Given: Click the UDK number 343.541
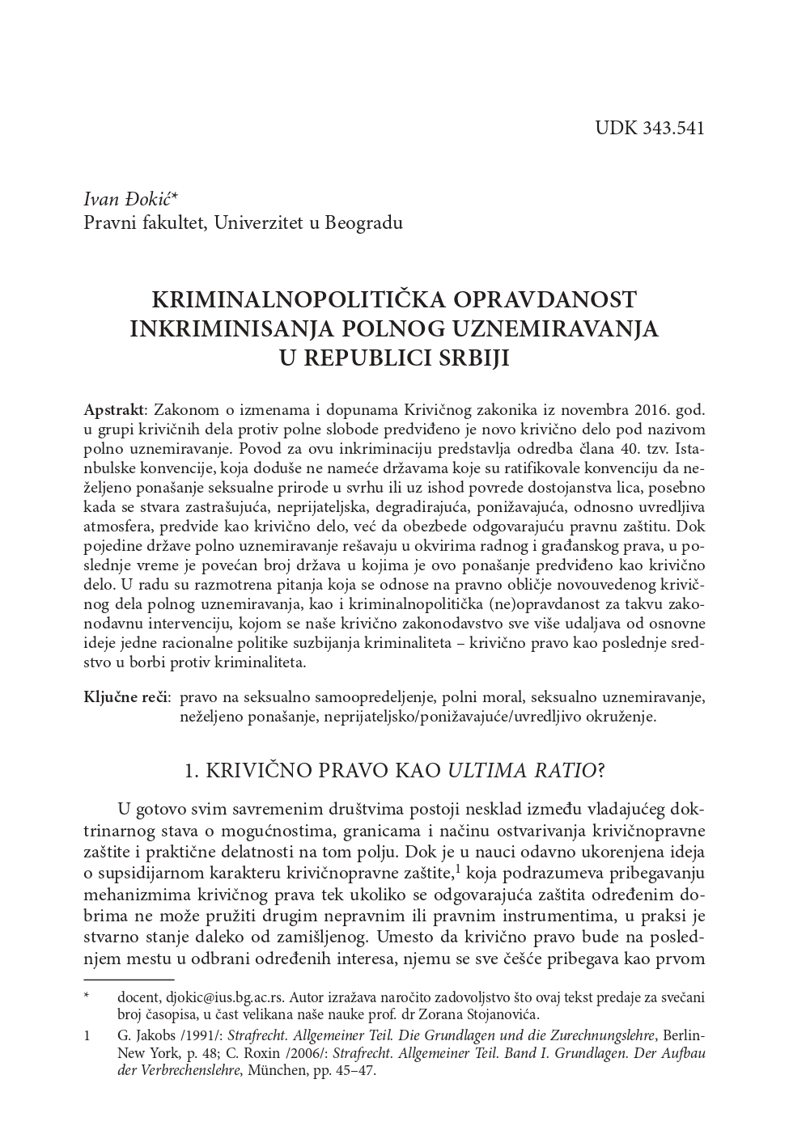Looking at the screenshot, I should pyautogui.click(x=671, y=128).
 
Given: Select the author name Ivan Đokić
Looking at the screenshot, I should pyautogui.click(x=134, y=199).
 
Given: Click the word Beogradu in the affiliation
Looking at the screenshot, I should pyautogui.click(x=364, y=222).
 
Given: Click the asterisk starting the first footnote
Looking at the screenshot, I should pyautogui.click(x=87, y=997).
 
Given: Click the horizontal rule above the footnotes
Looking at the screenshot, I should pyautogui.click(x=129, y=980).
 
